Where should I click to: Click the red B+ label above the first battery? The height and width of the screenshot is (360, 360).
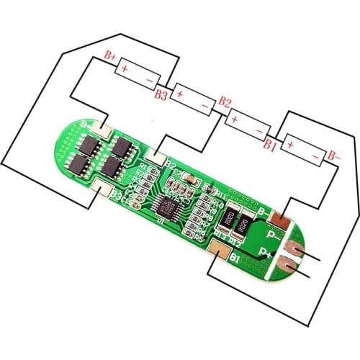(110, 55)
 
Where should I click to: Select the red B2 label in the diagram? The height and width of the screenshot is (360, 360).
(224, 101)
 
